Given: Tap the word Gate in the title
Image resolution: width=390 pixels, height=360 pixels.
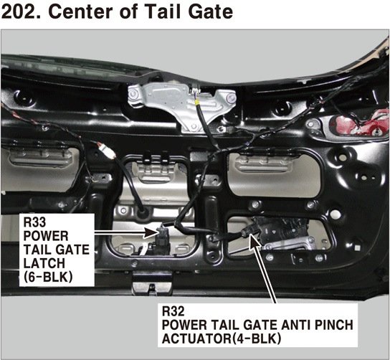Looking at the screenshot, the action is point(211,11).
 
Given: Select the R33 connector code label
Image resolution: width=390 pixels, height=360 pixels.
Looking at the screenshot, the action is point(34,222).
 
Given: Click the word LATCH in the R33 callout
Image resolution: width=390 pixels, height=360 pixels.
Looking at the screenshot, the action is point(44,263).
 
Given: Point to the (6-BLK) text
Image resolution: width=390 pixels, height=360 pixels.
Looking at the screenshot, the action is point(48,277).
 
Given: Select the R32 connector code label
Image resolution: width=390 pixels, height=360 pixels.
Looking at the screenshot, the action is point(173,311).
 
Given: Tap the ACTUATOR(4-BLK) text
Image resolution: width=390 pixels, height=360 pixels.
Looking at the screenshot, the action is point(222,338).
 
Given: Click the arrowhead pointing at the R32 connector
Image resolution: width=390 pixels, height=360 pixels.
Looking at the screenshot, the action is point(254,240).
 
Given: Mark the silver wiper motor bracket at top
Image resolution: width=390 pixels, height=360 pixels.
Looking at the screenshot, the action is point(181,105).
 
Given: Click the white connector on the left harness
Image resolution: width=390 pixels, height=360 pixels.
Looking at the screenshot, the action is point(107,151).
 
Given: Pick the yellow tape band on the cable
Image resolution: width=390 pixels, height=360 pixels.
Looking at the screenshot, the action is point(197,102).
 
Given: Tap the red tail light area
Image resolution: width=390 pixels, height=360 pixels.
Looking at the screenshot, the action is point(358,124).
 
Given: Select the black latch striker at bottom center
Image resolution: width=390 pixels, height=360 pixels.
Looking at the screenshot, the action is point(152,283).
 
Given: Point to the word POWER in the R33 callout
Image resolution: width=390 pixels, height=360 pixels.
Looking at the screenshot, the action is point(45,236).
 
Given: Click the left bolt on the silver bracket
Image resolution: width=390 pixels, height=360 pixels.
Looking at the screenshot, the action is point(134,93).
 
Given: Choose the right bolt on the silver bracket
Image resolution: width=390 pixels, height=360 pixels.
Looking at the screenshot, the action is point(231,97).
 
